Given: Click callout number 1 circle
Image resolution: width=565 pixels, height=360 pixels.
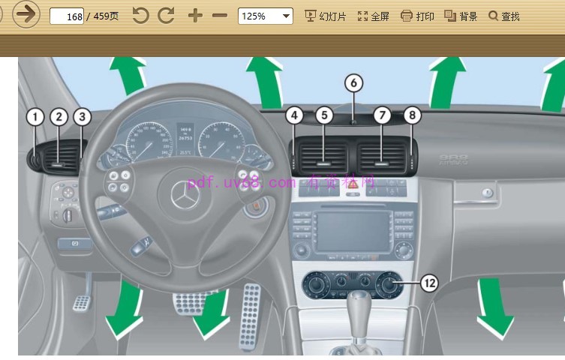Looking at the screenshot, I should pyautogui.click(x=35, y=117).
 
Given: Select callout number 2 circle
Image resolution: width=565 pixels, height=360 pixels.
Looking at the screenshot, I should pyautogui.click(x=59, y=117).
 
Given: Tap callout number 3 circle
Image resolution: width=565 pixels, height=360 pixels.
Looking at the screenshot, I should pyautogui.click(x=82, y=117).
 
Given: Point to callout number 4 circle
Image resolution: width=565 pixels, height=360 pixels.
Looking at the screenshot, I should pyautogui.click(x=295, y=115).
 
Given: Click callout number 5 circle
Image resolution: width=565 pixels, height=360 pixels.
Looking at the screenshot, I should pyautogui.click(x=323, y=115).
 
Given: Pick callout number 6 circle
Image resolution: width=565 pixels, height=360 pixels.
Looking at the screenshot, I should pyautogui.click(x=353, y=83).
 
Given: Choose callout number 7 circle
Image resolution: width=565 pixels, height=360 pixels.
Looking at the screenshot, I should pyautogui.click(x=382, y=115).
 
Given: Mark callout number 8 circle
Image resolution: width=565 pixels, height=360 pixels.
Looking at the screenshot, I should pyautogui.click(x=411, y=115).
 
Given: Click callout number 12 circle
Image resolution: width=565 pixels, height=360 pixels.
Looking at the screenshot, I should pyautogui.click(x=428, y=283).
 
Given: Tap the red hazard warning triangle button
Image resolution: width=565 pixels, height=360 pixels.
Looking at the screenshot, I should pyautogui.click(x=350, y=193).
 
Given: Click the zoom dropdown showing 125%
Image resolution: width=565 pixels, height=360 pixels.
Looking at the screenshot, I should pyautogui.click(x=265, y=16).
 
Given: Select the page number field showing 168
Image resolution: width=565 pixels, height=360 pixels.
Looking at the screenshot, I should pyautogui.click(x=67, y=16).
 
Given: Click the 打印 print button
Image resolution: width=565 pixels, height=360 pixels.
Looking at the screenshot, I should pyautogui.click(x=417, y=16).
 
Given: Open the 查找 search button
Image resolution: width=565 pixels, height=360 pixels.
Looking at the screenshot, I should pyautogui.click(x=503, y=16).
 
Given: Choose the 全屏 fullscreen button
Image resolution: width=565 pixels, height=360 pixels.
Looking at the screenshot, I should pyautogui.click(x=373, y=16).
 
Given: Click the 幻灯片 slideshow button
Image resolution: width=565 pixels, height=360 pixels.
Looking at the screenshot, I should pyautogui.click(x=325, y=16).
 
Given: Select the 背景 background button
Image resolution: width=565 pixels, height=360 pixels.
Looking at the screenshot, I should pyautogui.click(x=461, y=16).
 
